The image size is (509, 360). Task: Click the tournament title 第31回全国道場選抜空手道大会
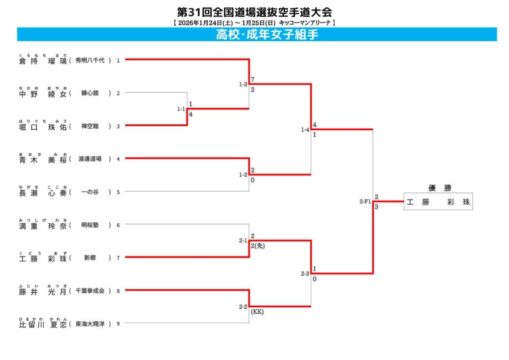254,11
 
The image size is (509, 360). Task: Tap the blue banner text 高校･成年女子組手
266,34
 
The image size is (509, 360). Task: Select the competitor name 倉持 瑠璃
42,61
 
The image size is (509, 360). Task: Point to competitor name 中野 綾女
42,93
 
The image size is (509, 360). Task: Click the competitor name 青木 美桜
42,159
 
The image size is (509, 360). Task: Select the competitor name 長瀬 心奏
42,192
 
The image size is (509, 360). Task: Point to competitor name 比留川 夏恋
42,324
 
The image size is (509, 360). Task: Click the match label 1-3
243,85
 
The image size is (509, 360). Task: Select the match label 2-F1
365,201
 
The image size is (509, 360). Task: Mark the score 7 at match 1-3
253,80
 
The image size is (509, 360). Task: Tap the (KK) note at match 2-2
257,312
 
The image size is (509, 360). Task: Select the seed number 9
118,324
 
